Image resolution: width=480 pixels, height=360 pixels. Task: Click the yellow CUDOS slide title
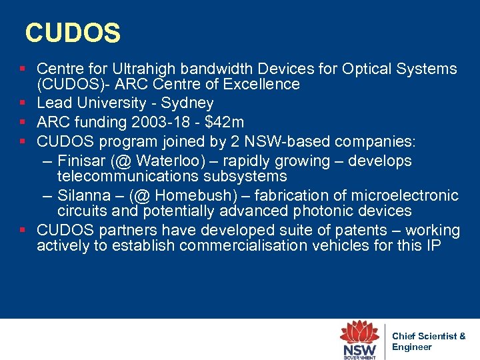tap(73, 33)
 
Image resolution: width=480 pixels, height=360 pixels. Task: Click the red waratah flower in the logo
tap(360, 332)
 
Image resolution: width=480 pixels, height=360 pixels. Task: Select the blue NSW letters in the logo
tap(359, 349)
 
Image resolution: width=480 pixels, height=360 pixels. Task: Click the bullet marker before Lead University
tap(23, 103)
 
